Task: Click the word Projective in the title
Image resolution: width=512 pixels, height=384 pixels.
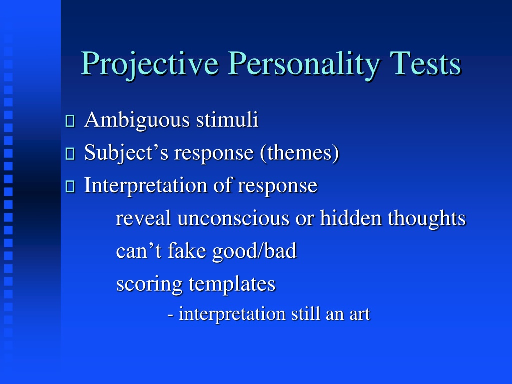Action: pyautogui.click(x=150, y=64)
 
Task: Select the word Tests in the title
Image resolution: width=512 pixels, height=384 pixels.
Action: pyautogui.click(x=425, y=63)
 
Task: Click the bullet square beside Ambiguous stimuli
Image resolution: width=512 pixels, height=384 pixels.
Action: pyautogui.click(x=70, y=121)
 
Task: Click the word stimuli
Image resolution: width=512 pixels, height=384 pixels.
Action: pyautogui.click(x=227, y=120)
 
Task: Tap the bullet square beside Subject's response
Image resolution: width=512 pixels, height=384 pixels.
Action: pyautogui.click(x=70, y=154)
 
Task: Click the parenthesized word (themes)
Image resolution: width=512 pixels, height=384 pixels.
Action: pyautogui.click(x=300, y=153)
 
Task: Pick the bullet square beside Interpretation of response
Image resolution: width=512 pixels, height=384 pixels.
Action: pyautogui.click(x=70, y=187)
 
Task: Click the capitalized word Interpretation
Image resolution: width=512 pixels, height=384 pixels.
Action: pyautogui.click(x=145, y=186)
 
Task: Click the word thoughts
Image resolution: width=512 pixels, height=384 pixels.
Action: pyautogui.click(x=427, y=219)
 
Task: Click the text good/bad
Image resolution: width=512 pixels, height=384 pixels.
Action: pyautogui.click(x=254, y=252)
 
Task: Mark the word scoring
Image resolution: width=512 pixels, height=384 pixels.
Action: pyautogui.click(x=149, y=284)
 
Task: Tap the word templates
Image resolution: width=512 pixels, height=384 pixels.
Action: pyautogui.click(x=232, y=284)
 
